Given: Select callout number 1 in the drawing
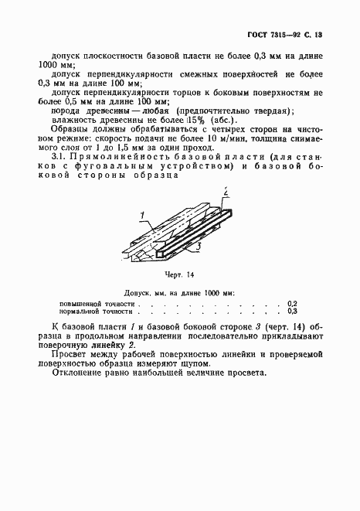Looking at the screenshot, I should (143, 214).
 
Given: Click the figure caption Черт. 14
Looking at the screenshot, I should (179, 274).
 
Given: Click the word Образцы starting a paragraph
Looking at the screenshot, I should (70, 128).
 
